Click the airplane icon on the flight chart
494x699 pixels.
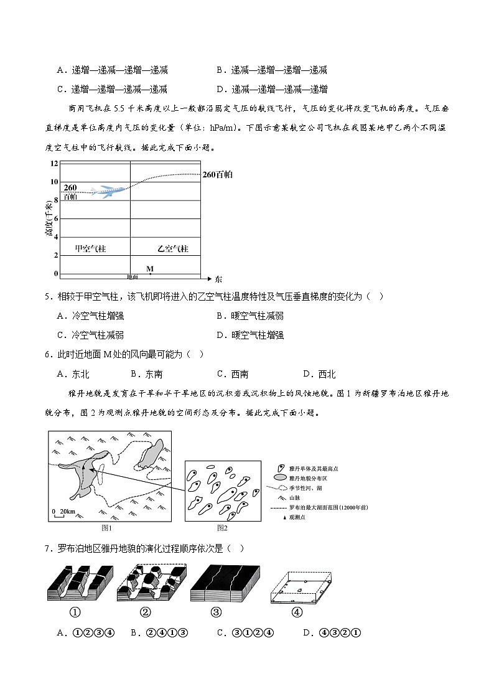105,190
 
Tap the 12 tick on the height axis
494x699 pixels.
54,163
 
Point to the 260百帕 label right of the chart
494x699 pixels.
217,175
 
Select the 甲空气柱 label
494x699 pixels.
91,248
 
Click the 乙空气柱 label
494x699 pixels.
172,248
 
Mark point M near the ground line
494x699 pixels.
150,272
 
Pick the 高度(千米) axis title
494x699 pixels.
49,219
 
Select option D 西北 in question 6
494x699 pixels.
319,374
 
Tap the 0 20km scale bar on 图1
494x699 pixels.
63,512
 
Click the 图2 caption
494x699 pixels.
222,528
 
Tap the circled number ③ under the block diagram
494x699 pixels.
216,612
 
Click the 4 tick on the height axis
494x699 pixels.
55,237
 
